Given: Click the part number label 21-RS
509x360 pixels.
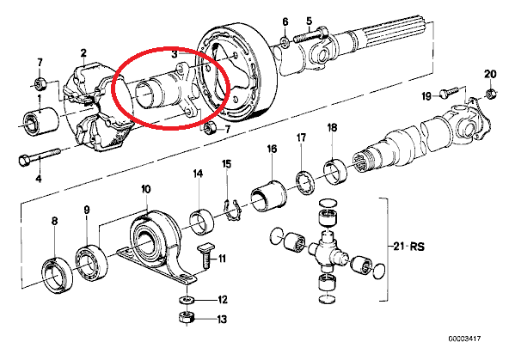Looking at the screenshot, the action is (x=408, y=247).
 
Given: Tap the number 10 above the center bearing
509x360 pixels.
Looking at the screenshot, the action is (x=146, y=189).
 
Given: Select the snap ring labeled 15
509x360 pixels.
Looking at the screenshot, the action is (x=232, y=211).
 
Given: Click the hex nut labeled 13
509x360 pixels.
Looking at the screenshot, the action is (x=187, y=318).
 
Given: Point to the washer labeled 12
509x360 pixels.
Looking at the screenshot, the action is (x=187, y=299).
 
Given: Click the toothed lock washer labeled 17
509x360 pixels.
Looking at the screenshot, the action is (x=305, y=185).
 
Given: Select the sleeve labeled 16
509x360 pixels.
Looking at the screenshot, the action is (x=268, y=195).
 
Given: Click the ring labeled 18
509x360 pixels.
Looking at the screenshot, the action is (x=335, y=171).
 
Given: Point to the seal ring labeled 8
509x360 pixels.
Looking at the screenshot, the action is (x=58, y=275).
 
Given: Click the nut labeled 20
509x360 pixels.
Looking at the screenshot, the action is (x=490, y=95).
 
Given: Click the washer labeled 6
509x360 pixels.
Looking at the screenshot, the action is (x=285, y=42).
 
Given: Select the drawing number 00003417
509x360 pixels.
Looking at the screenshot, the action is (x=464, y=339).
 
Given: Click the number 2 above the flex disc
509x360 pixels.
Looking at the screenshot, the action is (x=83, y=53).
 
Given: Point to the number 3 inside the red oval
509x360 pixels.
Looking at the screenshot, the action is (x=175, y=54).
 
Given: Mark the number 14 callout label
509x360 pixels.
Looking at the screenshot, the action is (x=198, y=174).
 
